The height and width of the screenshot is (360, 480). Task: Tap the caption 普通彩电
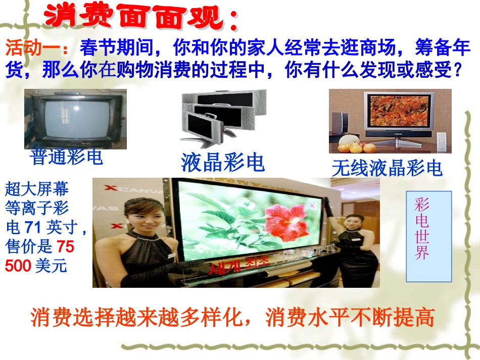(67, 157)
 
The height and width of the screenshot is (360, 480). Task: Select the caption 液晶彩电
(223, 163)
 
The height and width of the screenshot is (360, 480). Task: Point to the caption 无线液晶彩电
(387, 168)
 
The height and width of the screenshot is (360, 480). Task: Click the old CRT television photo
(75, 119)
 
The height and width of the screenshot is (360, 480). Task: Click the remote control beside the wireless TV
(441, 141)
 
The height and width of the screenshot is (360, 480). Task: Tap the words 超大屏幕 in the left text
(36, 190)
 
